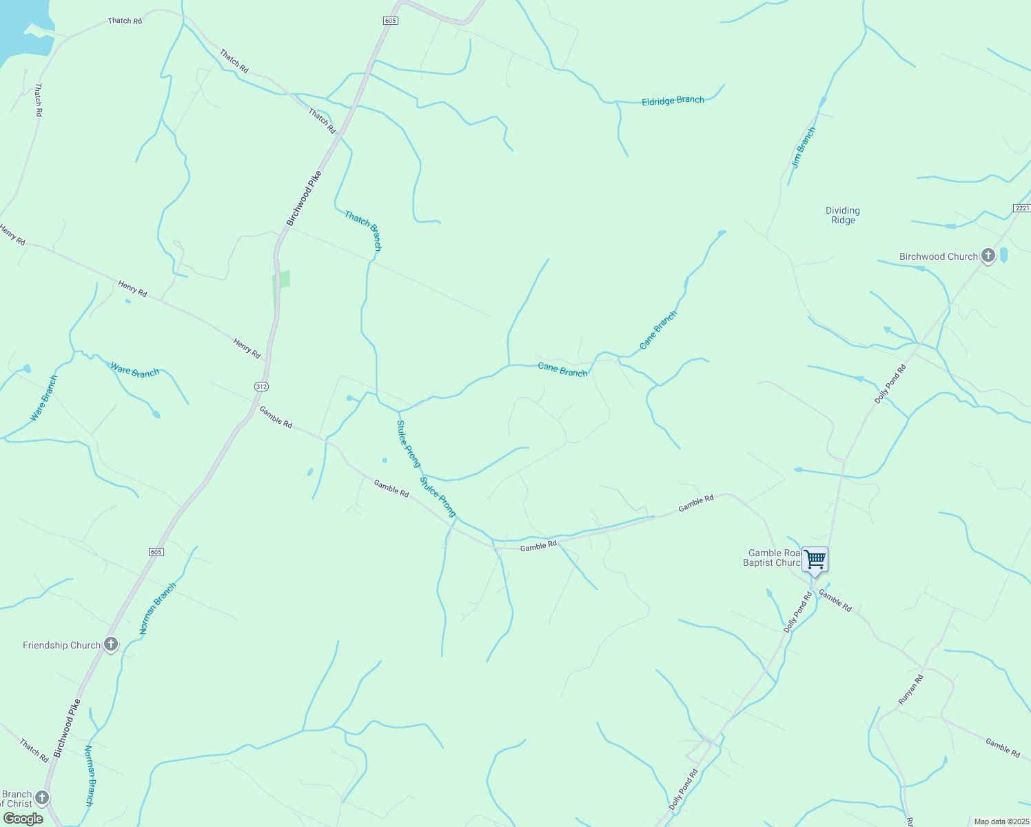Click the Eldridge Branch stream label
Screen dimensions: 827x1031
point(673,101)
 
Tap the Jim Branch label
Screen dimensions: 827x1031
point(804,147)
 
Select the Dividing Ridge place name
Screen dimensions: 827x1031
point(843,215)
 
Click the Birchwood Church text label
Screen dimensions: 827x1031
point(938,256)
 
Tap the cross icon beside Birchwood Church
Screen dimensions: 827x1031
point(988,256)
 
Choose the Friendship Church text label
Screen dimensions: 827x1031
point(61,645)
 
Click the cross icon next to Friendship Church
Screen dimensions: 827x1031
point(111,645)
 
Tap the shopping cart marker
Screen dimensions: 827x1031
point(815,559)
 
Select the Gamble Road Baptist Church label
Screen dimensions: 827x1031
point(774,558)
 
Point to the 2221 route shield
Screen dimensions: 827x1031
point(1021,208)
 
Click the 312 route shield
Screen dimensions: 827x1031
point(261,387)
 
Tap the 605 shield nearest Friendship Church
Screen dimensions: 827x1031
point(156,552)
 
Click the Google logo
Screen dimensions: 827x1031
point(23,819)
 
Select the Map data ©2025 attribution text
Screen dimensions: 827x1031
point(1000,821)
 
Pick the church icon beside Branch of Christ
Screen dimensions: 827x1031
point(42,798)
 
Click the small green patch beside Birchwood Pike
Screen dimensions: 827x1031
point(282,279)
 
